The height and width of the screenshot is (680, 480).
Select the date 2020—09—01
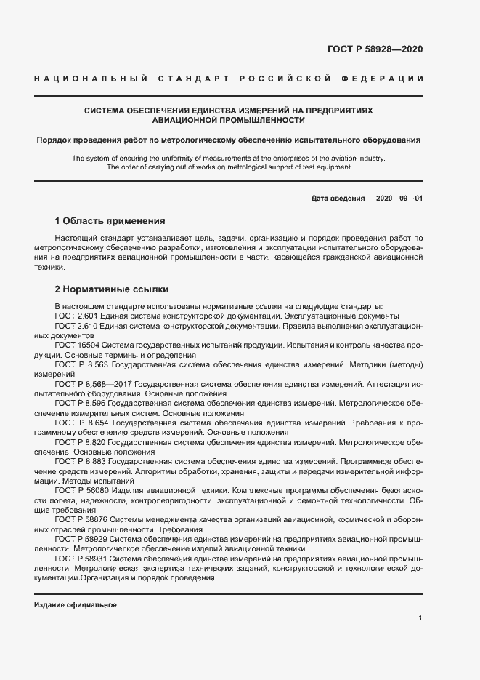[397, 199]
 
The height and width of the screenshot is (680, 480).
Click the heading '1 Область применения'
[110, 220]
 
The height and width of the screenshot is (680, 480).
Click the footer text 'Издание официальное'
[75, 605]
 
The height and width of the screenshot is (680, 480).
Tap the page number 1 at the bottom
[420, 618]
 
